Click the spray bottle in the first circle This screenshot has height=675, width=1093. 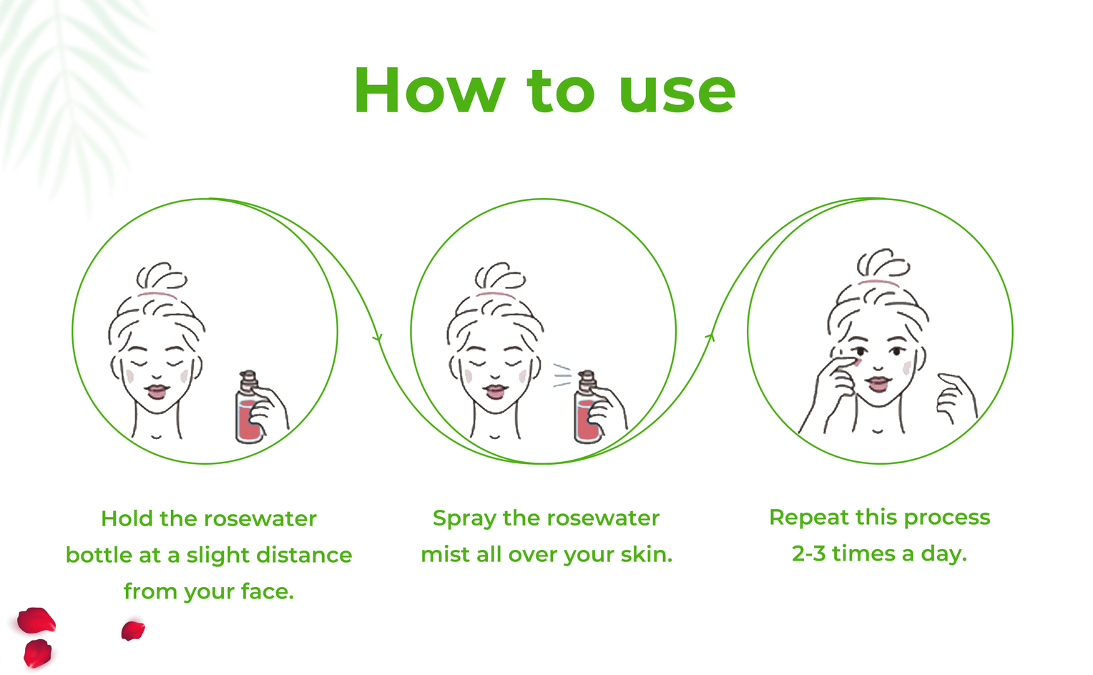(x=249, y=408)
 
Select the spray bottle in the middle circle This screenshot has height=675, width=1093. (x=588, y=408)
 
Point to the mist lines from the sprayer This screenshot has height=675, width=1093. (x=562, y=375)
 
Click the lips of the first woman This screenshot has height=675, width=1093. (x=157, y=392)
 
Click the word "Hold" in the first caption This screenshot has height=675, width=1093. (x=127, y=518)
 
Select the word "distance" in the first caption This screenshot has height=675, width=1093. (x=304, y=555)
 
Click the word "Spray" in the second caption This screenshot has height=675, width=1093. (x=464, y=519)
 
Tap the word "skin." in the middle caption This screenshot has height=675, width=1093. (x=647, y=555)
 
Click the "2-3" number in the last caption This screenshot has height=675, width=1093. (x=808, y=553)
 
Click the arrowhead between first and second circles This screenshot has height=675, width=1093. (x=378, y=337)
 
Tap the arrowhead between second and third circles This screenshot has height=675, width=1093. (x=710, y=337)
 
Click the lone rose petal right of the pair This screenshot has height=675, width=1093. (x=133, y=631)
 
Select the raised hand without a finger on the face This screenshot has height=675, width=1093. (x=957, y=398)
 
